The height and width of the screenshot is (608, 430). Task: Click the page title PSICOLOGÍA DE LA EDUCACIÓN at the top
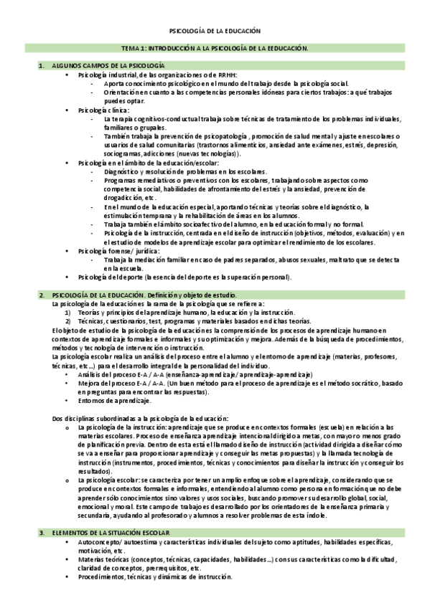[x=214, y=31]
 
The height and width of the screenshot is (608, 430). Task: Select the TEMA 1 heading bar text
[x=214, y=48]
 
